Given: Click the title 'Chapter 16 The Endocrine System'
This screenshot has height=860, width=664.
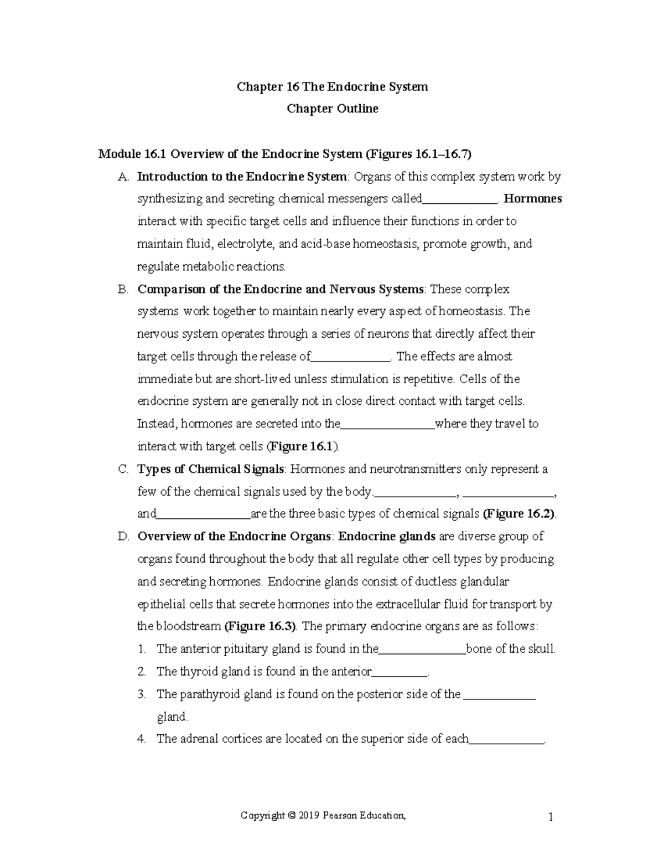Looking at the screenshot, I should pos(332,86).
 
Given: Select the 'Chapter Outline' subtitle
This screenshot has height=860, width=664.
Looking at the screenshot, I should pos(332,109).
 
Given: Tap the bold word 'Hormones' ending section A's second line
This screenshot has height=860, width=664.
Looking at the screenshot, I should pos(533,199).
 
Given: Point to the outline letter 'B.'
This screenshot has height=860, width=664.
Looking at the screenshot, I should pos(123,289).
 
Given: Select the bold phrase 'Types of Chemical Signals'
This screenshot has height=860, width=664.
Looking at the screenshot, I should pos(210,469).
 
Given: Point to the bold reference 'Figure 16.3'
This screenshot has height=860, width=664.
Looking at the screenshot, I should pos(260,626).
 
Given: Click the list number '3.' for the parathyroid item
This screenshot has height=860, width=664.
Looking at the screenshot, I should pos(142,694).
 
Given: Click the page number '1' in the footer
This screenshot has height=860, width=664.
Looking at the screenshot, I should pos(551,817).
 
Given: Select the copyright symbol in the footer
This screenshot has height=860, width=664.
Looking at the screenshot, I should pos(291,815).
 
